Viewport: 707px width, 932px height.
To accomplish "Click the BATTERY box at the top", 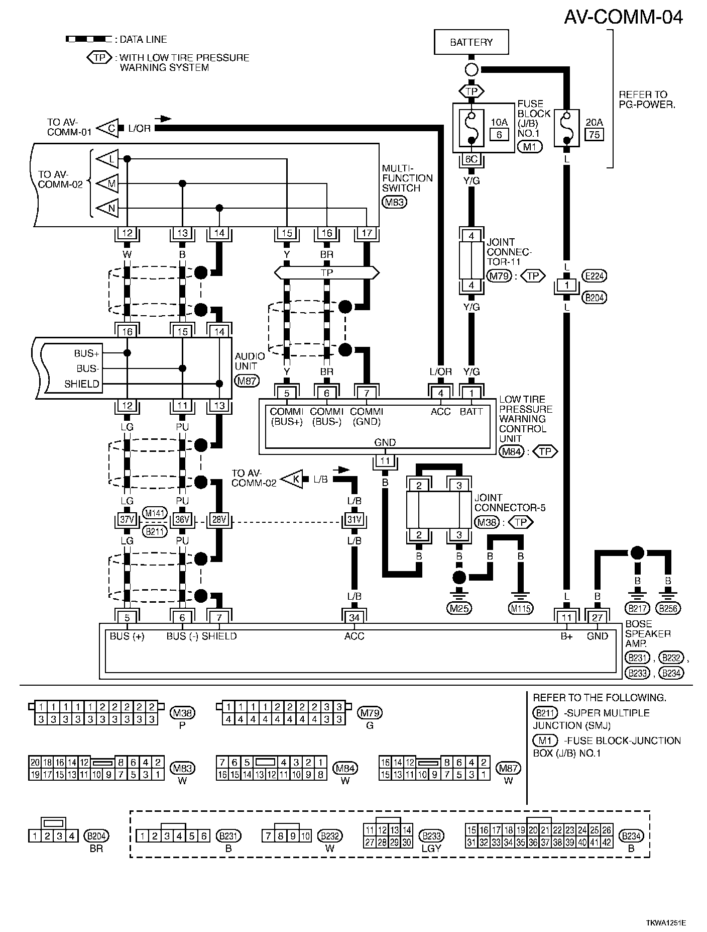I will [471, 42].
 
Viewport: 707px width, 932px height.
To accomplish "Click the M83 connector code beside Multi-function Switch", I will [394, 202].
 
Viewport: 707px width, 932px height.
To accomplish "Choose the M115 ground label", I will [521, 609].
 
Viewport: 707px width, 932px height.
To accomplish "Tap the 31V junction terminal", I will [354, 519].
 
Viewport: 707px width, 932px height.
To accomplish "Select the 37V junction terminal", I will [127, 519].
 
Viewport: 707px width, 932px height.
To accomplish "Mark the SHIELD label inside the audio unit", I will [82, 384].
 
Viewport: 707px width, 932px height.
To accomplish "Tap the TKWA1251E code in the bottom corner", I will [666, 923].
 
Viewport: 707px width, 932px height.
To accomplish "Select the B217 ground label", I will [637, 608].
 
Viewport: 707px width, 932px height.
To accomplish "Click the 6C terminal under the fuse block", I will [471, 160].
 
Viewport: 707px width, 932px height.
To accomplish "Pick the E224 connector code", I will [595, 275].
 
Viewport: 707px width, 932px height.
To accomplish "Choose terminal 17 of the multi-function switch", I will [367, 233].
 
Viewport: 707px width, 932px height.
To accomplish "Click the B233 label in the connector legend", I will [431, 835].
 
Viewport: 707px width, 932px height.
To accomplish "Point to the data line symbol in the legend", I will [88, 39].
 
